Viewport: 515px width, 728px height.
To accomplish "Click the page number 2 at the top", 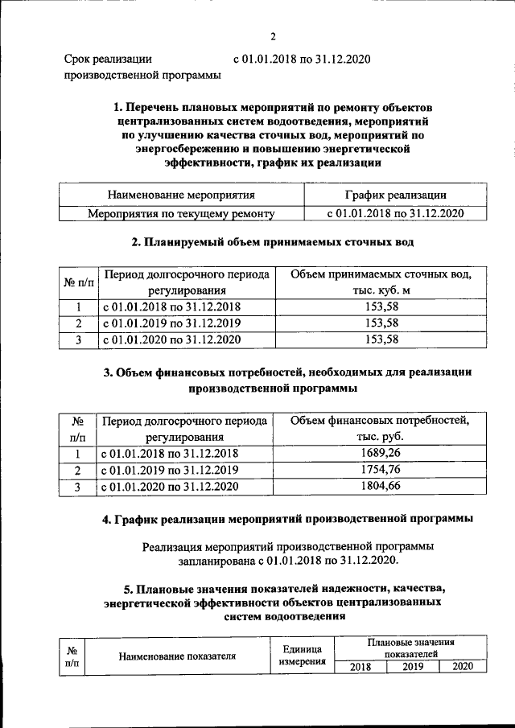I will click(273, 36).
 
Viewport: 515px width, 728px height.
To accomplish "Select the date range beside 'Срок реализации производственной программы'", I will click(302, 60).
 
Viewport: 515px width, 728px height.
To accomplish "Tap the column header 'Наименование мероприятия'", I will click(181, 195).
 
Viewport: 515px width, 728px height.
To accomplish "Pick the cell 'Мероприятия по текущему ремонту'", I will click(181, 214).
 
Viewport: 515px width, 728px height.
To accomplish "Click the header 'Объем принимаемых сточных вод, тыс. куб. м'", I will click(381, 282).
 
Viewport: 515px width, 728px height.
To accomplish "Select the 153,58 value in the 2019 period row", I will click(381, 323).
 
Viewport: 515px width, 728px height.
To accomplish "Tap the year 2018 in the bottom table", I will click(360, 666).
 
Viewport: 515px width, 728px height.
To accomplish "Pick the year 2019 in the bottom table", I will click(413, 666).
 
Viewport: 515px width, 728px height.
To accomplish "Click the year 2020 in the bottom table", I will click(462, 666).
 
